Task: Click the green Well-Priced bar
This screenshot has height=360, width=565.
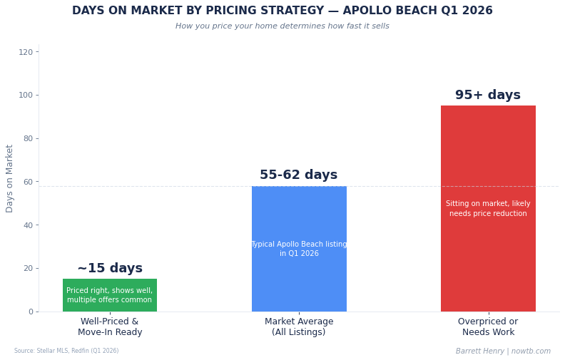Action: [110, 295]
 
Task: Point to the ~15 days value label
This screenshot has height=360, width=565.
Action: [110, 269]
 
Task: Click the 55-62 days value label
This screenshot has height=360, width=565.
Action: [299, 175]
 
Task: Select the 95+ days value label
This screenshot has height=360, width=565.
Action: [488, 96]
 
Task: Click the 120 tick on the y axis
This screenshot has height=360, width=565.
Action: [26, 52]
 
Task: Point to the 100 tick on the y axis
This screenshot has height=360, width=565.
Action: [26, 95]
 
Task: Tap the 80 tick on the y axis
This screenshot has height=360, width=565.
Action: [27, 138]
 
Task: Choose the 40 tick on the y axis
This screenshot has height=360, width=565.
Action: [27, 225]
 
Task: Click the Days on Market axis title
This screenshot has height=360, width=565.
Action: [10, 178]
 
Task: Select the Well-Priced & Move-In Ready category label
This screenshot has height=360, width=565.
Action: [110, 327]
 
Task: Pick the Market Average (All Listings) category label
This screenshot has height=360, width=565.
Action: [299, 327]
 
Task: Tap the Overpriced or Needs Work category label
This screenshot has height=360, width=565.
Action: [488, 327]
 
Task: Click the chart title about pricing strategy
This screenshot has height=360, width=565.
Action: [282, 11]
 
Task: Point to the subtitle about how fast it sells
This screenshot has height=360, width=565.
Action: [282, 26]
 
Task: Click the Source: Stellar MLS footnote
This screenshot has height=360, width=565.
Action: [66, 351]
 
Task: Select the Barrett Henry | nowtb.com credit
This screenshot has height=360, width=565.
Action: [503, 351]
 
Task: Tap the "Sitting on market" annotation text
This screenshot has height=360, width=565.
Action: [488, 209]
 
